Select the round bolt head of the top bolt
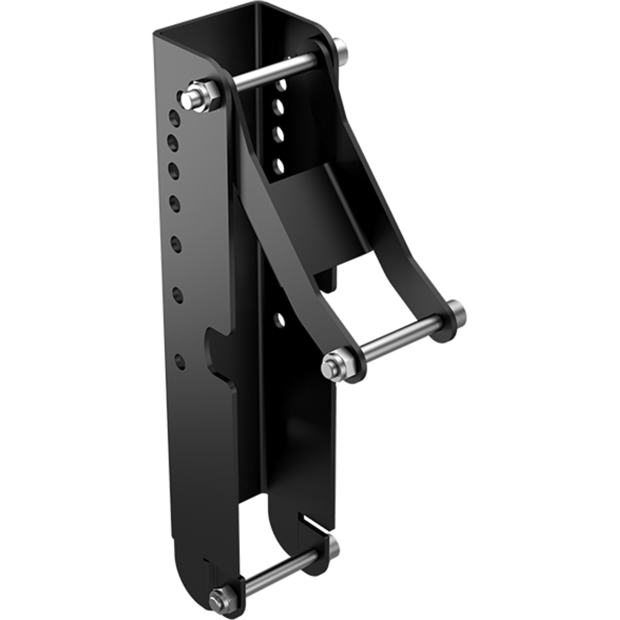tap(340, 48)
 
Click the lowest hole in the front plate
tap(180, 361)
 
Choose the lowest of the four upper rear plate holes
tap(279, 163)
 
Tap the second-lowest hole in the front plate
tap(179, 295)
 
